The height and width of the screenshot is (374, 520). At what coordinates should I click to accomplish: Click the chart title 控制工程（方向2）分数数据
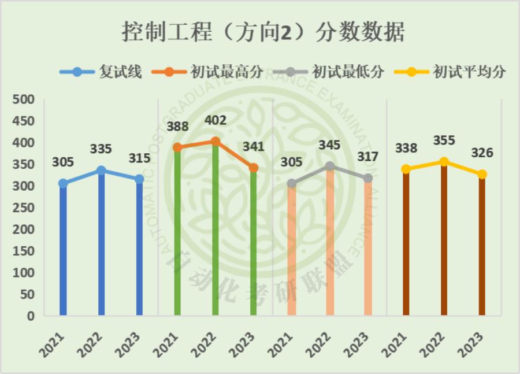263,31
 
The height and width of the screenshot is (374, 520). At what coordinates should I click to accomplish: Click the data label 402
215,121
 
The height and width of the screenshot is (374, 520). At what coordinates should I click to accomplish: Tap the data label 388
177,127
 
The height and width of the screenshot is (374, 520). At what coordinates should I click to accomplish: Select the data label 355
444,140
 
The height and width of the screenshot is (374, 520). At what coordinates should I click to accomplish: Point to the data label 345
329,145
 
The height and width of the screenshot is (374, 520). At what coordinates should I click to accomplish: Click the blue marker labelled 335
101,171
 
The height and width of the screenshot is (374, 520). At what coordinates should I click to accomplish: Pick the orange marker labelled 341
253,168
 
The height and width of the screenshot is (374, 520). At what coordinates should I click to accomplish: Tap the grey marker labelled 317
367,178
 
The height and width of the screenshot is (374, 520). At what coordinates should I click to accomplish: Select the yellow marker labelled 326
482,174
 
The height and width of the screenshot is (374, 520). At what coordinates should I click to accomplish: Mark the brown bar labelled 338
406,243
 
